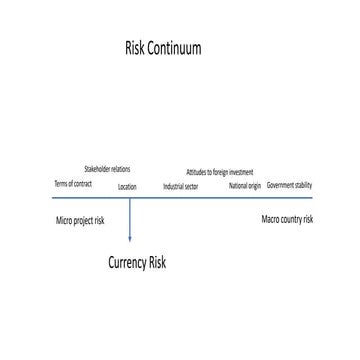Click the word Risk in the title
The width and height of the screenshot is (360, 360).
point(135,48)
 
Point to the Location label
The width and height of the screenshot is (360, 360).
point(127,187)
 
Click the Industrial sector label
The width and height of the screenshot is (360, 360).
point(181,186)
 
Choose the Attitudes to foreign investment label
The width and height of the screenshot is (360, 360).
point(219,172)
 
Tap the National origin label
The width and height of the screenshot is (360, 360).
point(244,186)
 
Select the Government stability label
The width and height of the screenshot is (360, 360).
point(289,185)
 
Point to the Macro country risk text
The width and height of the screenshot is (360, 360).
point(287,218)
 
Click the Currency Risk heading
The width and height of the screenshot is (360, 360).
point(137,263)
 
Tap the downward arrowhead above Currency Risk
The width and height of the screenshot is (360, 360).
point(130,237)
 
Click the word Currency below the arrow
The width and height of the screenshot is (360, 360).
point(127,263)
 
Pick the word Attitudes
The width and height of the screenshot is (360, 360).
point(196,172)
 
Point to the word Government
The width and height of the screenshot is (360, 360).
point(280,185)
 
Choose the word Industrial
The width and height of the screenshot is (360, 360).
point(174,186)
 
